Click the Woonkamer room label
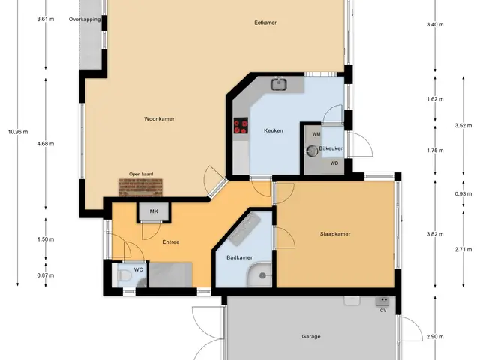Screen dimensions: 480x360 click(159, 119)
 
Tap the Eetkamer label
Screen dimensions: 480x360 click(265, 22)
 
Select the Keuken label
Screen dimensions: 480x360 click(273, 130)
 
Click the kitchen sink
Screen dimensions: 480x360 click(279, 84)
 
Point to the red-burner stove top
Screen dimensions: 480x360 click(241, 126)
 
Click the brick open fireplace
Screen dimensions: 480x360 click(140, 187)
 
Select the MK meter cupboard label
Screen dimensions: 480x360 click(154, 211)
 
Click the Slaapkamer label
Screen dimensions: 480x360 click(335, 234)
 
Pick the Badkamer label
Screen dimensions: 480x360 click(240, 257)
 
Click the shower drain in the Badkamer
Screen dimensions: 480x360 click(262, 275)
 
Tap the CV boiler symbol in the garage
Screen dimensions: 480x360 click(382, 301)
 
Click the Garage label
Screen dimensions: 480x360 click(311, 337)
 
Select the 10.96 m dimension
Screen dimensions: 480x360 click(18, 132)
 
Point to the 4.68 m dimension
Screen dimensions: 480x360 click(46, 143)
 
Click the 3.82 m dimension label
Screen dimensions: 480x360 click(435, 234)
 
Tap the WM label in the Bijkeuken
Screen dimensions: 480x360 click(316, 134)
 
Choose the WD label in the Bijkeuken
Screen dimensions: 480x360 click(334, 163)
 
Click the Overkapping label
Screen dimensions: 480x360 click(85, 19)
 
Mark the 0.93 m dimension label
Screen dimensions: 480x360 click(463, 194)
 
